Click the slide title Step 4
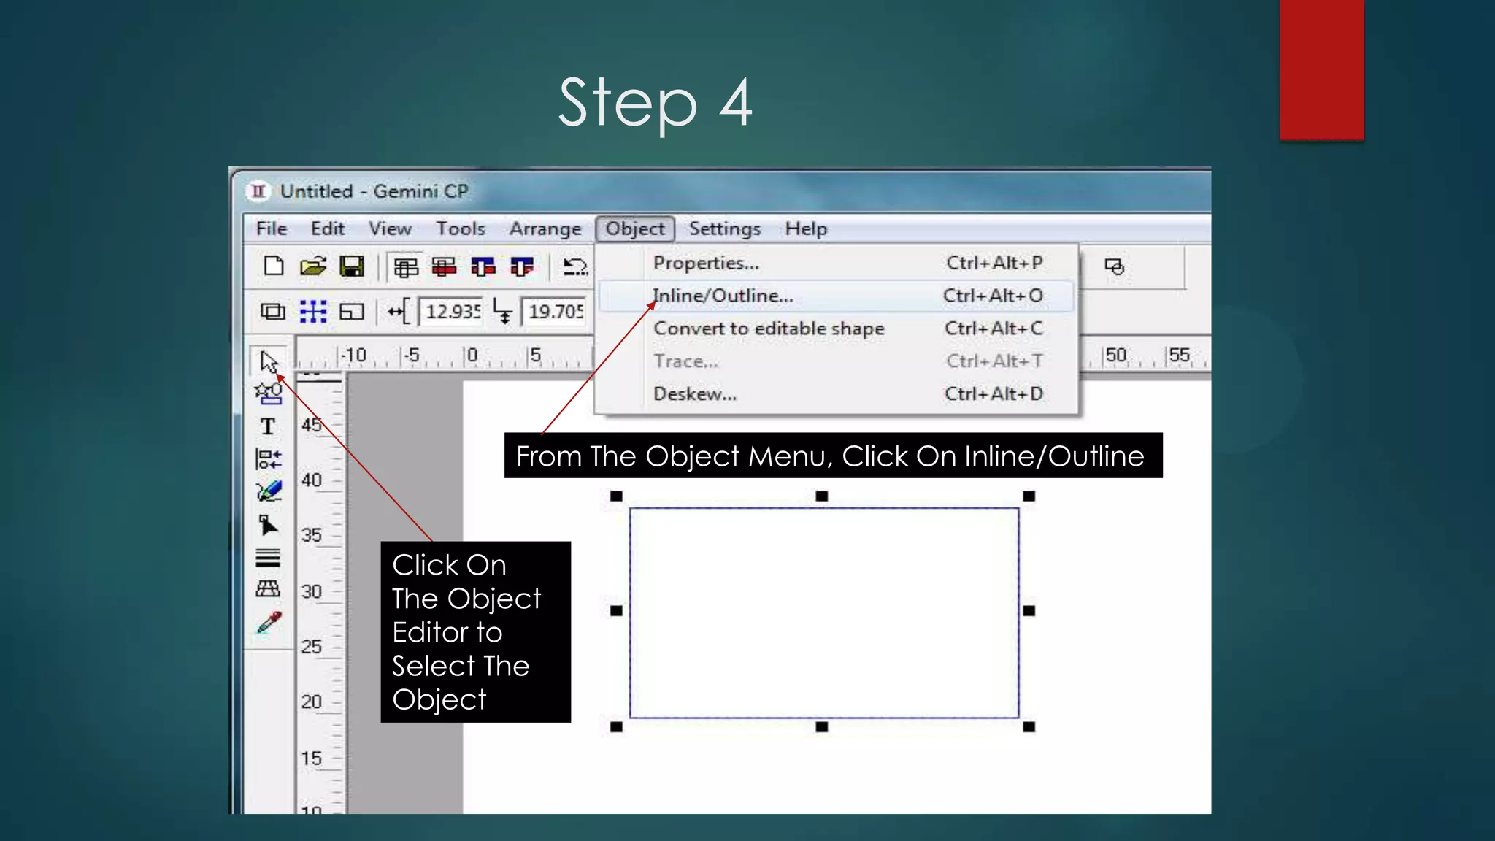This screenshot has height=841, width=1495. [655, 103]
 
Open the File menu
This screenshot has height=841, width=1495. [272, 229]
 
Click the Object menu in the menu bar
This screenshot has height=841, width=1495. [635, 229]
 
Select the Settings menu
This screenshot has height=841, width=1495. [724, 229]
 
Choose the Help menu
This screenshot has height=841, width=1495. [806, 229]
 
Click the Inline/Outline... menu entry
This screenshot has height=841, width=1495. [723, 296]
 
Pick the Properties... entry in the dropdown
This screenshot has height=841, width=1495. [706, 263]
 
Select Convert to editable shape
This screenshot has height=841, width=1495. [769, 329]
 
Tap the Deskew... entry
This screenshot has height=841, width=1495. [695, 394]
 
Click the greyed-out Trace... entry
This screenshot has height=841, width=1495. [685, 361]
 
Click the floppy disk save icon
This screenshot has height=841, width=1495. [352, 266]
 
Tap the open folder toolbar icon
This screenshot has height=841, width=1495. [312, 266]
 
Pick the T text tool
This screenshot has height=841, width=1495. [268, 426]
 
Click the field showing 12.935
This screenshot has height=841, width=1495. [452, 312]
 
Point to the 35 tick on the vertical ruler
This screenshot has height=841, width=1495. [312, 535]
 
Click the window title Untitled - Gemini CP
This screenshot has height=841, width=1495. [374, 191]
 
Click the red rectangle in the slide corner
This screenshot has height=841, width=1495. [1321, 69]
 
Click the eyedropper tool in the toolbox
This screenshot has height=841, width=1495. [269, 623]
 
